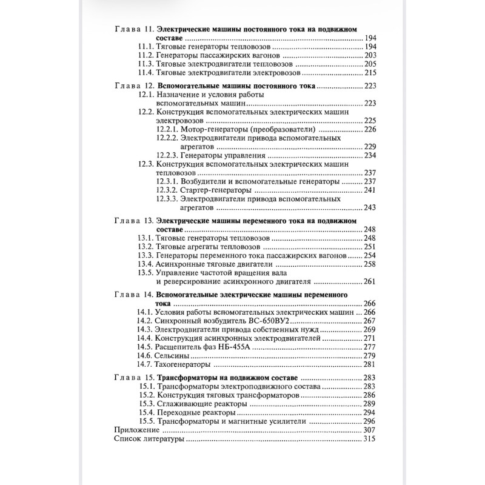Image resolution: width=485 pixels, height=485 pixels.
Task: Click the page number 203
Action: tap(370, 55)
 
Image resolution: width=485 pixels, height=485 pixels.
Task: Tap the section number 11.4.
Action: tap(145, 72)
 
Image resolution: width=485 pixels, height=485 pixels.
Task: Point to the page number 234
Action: tap(370, 155)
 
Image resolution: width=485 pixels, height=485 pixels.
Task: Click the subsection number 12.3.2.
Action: tap(166, 189)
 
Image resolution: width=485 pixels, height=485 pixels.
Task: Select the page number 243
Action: tap(370, 207)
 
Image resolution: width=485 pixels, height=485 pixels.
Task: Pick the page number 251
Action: tap(370, 247)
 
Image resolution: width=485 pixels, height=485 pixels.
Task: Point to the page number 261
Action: tap(370, 281)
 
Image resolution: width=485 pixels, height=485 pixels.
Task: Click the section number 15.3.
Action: tap(145, 403)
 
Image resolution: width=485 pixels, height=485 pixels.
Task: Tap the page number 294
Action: tap(370, 412)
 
